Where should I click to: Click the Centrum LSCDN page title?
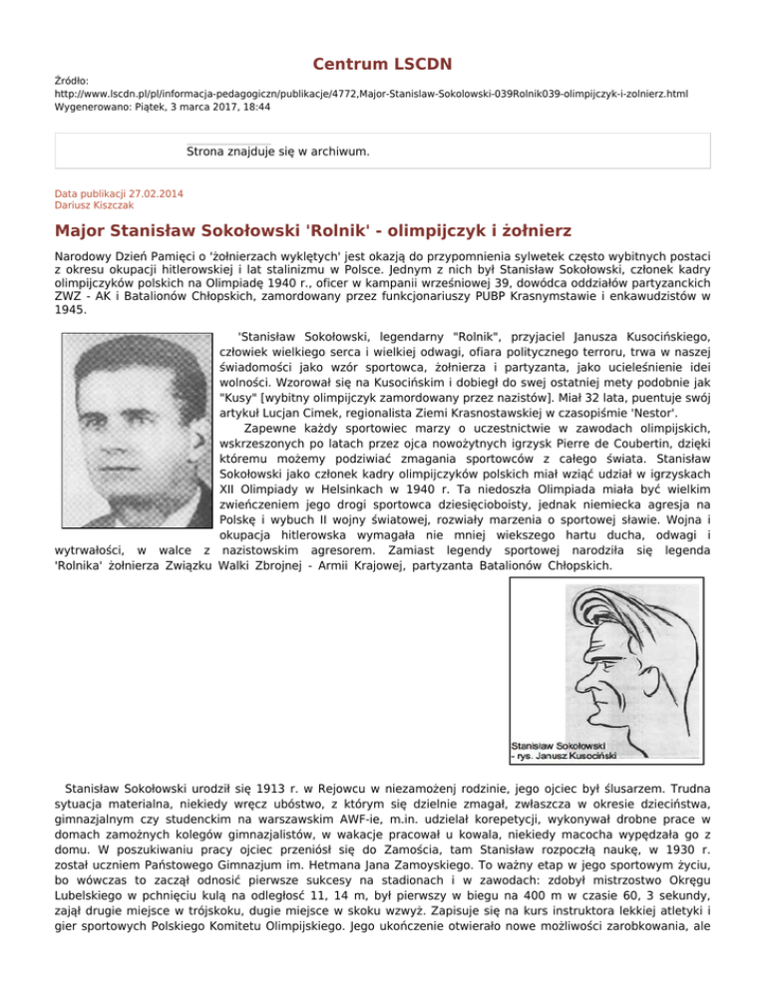point(383,65)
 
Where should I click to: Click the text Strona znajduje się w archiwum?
point(278,153)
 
